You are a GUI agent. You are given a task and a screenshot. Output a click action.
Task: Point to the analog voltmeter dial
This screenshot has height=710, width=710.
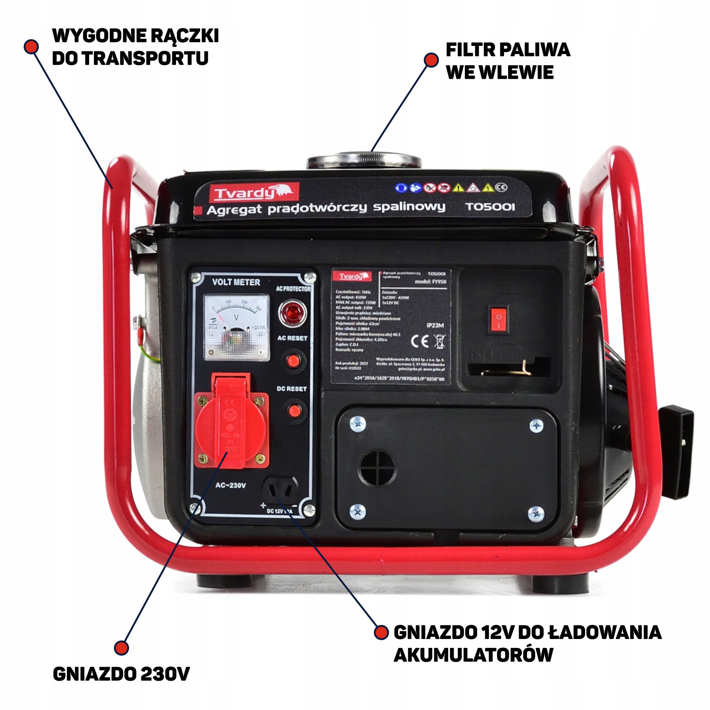tap(237, 327)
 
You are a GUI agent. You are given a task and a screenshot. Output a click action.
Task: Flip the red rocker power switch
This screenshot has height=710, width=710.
tap(498, 319)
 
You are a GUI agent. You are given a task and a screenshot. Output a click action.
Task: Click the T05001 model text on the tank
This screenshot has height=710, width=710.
tap(490, 207)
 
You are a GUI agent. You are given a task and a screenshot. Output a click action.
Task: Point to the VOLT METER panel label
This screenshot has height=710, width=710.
tap(236, 283)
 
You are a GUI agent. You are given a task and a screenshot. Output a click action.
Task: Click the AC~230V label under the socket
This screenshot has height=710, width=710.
tap(230, 486)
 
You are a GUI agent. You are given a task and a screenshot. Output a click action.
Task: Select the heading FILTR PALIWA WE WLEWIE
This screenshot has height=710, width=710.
tap(507, 61)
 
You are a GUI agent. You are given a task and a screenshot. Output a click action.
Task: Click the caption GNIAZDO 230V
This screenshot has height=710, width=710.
tap(121, 674)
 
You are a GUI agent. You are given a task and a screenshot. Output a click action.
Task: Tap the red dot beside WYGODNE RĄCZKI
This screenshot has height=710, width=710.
tap(31, 47)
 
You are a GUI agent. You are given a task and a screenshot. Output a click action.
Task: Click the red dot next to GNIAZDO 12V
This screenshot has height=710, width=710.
tap(381, 632)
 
